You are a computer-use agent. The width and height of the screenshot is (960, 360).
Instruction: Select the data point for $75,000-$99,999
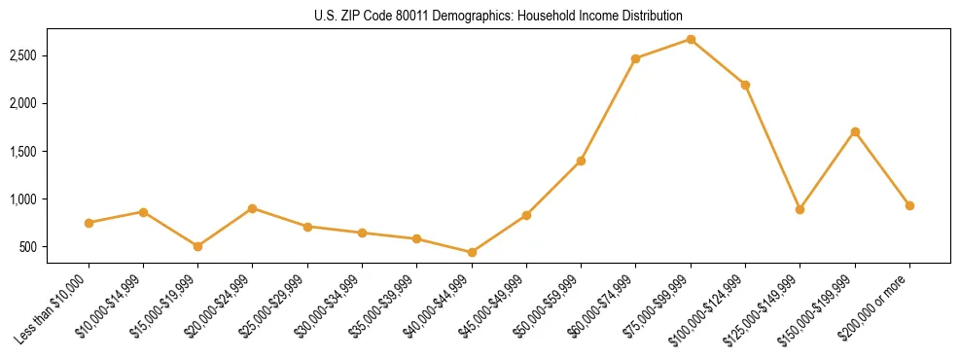(x=691, y=39)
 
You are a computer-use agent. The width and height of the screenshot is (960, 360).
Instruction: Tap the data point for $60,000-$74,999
(x=635, y=58)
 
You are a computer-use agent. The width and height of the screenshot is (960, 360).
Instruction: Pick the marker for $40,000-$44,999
(x=472, y=252)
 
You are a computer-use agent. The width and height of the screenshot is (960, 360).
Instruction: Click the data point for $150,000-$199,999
(x=855, y=131)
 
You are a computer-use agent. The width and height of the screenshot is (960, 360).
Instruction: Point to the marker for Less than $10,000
(x=89, y=223)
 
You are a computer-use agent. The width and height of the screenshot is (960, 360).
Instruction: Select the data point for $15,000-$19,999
(x=198, y=246)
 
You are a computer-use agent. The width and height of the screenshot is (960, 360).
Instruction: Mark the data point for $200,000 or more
(x=909, y=205)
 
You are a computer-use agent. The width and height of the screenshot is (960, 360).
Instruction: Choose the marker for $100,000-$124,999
(x=745, y=85)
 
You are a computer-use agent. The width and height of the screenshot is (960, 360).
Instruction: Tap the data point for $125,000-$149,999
(x=800, y=209)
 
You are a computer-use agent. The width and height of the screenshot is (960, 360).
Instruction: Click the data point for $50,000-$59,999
(x=581, y=161)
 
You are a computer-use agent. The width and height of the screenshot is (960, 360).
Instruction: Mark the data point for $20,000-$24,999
(x=253, y=208)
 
